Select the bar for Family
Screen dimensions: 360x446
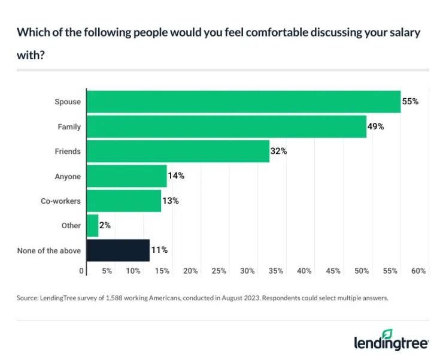[226, 126]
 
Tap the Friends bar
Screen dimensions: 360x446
[178, 152]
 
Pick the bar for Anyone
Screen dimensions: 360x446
[127, 176]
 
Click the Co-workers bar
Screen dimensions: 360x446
[124, 201]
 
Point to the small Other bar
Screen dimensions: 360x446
[92, 226]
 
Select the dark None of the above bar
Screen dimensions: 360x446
[118, 250]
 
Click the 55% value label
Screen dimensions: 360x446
[410, 102]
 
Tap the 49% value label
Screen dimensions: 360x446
[376, 126]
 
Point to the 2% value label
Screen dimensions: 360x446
[105, 226]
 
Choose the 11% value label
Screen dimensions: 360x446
[159, 250]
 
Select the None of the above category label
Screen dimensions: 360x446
[49, 250]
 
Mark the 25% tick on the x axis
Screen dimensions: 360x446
[219, 271]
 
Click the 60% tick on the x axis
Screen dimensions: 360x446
[418, 271]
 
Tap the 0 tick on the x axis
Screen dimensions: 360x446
[82, 271]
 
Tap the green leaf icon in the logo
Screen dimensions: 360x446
[388, 332]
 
